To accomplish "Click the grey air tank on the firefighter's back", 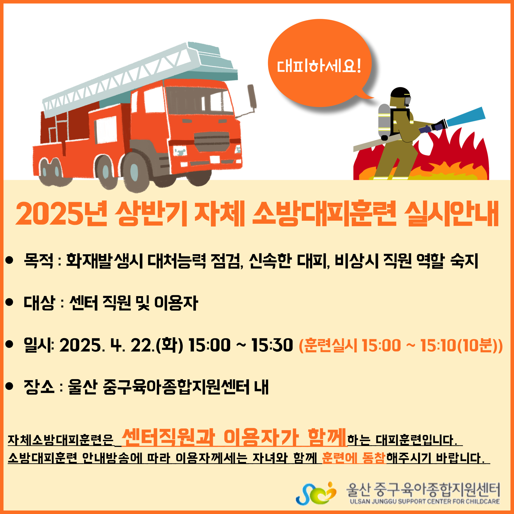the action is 384,121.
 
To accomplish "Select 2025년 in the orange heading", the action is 62,214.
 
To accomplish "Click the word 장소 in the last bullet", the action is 39,387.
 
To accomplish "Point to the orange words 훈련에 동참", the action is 354,457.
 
